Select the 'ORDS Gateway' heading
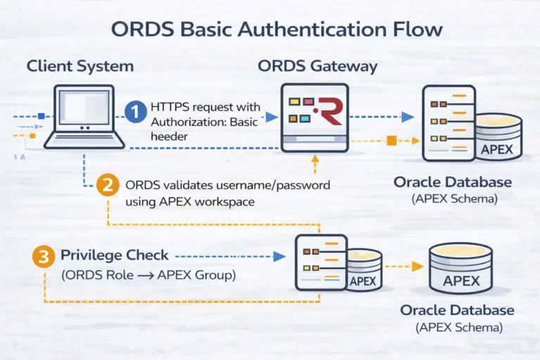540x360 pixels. tap(317, 67)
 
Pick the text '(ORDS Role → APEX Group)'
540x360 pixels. tap(148, 275)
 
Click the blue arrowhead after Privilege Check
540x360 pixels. tap(279, 257)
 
